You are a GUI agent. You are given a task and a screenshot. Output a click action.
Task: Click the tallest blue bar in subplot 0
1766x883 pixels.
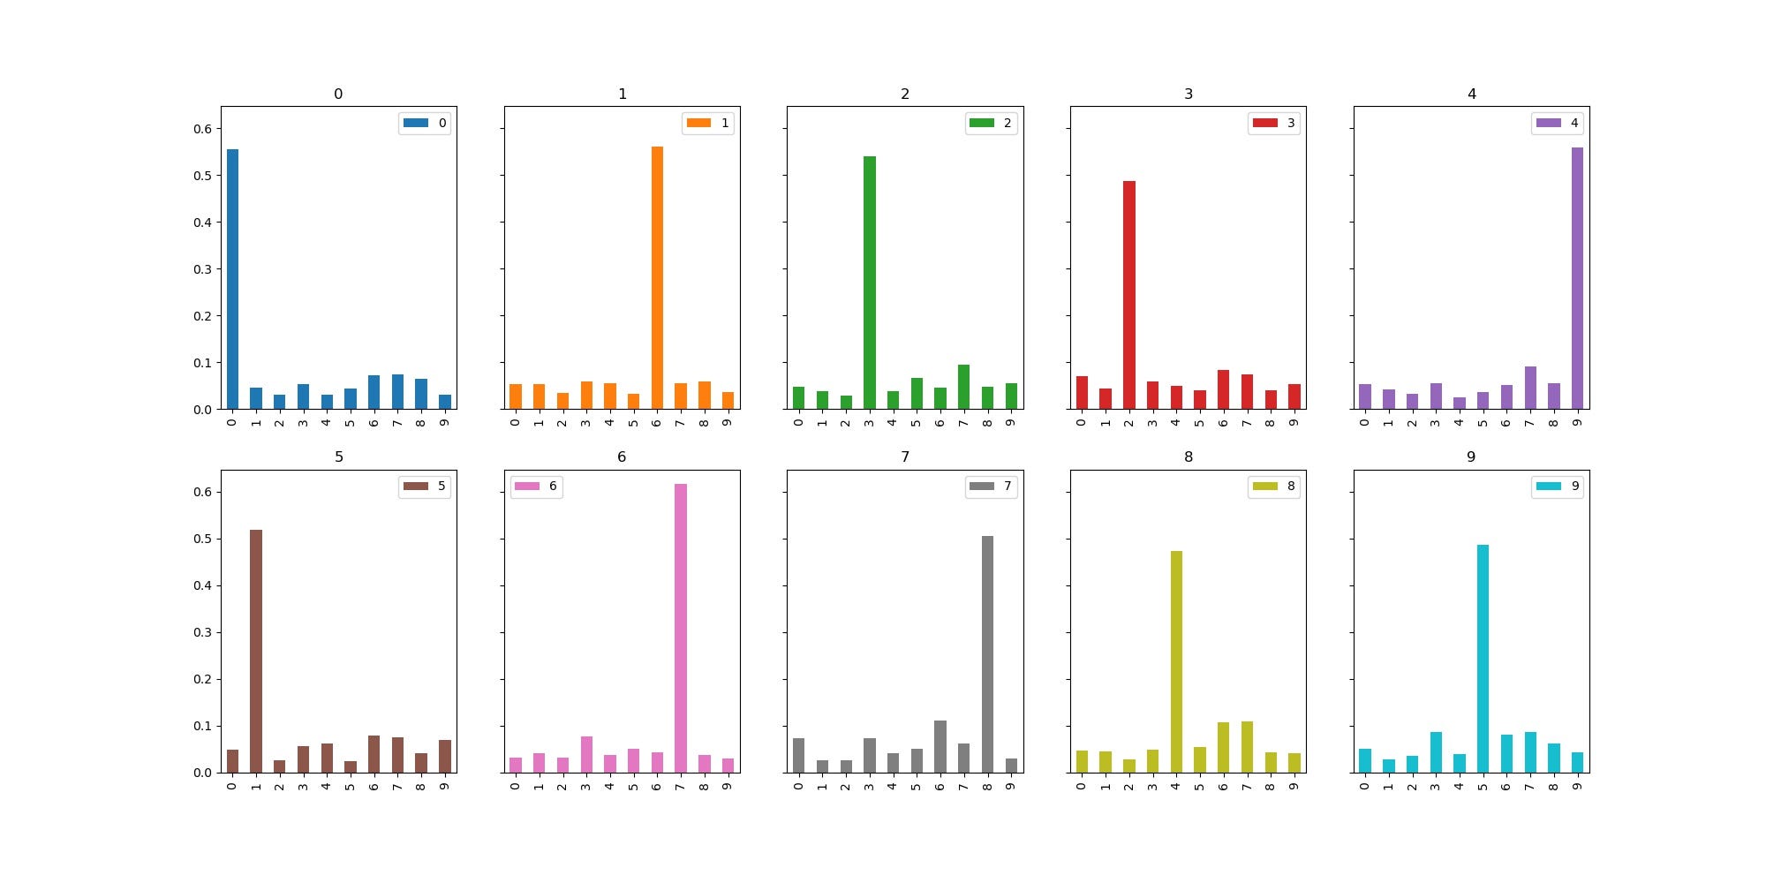click(x=232, y=279)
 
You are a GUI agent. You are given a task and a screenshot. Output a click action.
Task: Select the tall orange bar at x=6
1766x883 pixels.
click(x=657, y=277)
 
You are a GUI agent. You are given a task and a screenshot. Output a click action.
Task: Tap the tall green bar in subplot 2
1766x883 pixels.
click(x=870, y=283)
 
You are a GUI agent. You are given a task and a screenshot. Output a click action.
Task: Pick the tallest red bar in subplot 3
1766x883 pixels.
click(x=1129, y=295)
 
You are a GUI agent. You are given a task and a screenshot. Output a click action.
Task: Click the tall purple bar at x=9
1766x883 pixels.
click(x=1577, y=278)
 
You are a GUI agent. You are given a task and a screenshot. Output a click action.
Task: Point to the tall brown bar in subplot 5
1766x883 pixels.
click(x=256, y=651)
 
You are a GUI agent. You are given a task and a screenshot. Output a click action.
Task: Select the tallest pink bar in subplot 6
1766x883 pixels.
click(x=681, y=628)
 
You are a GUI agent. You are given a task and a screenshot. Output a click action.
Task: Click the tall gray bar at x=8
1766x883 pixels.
click(x=987, y=654)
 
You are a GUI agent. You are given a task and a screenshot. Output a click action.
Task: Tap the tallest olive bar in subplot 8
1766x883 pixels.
click(x=1176, y=661)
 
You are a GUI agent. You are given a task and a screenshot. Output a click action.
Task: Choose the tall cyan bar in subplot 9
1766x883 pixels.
click(x=1483, y=659)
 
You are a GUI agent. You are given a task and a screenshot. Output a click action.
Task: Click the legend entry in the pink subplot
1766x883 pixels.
click(x=537, y=487)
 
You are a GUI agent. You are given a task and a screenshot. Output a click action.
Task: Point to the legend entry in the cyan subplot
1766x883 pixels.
click(x=1558, y=487)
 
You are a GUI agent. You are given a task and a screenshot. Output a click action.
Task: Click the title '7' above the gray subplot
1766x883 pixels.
click(x=905, y=457)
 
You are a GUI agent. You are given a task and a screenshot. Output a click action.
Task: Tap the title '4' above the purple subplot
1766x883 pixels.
click(x=1472, y=94)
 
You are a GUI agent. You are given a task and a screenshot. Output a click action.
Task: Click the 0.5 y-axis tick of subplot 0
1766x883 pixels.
click(x=203, y=176)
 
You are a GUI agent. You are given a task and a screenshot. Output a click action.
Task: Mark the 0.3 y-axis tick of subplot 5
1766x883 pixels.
click(x=203, y=632)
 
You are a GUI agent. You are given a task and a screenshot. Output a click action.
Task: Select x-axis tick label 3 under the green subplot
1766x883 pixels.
click(x=870, y=422)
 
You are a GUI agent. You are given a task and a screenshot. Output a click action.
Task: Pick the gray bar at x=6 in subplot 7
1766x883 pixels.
click(x=940, y=746)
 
